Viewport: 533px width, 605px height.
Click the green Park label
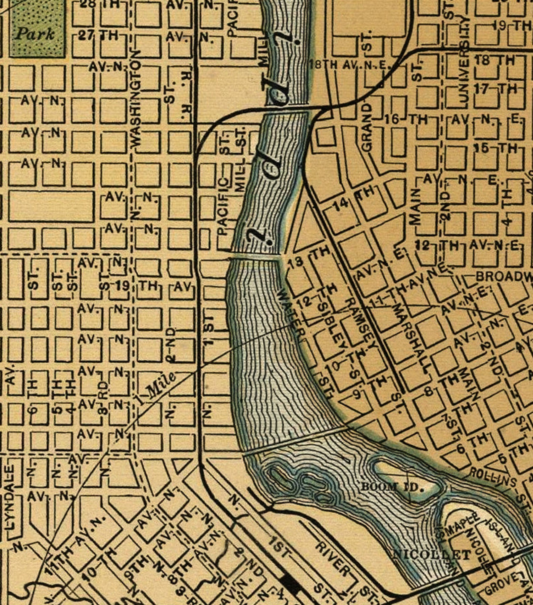pos(35,34)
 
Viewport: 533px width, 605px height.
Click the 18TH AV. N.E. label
pos(349,65)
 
